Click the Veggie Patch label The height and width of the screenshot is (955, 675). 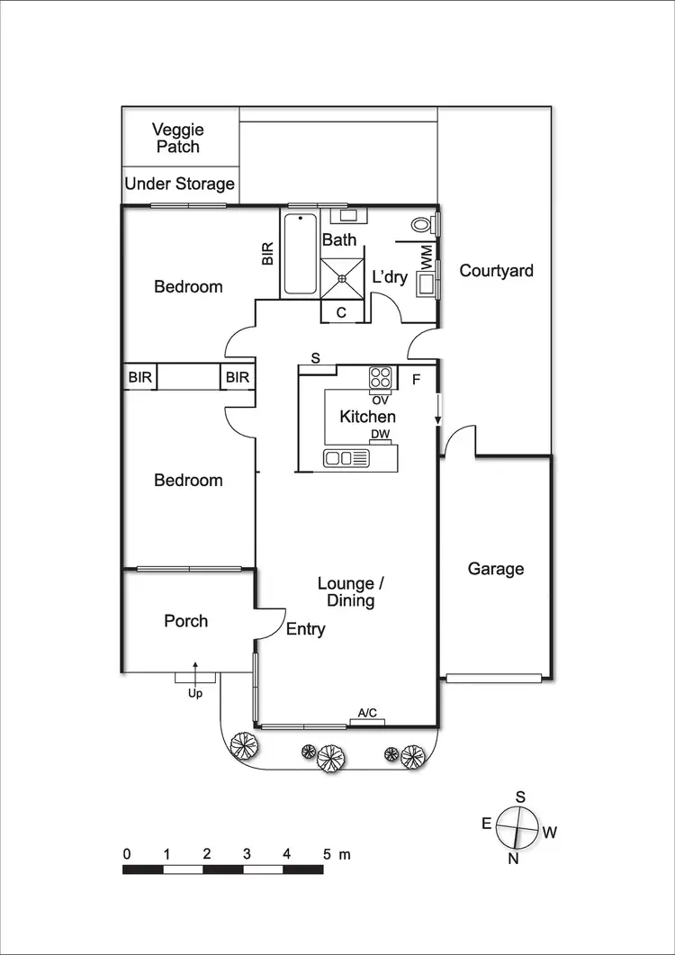point(177,138)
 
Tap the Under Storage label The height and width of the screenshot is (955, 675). point(179,185)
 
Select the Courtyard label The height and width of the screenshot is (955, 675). point(496,270)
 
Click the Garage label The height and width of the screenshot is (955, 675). point(495,569)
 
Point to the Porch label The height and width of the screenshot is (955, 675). point(185,621)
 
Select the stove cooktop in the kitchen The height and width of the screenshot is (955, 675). point(379,378)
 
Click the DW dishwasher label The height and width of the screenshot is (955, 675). point(381,435)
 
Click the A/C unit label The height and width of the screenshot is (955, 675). point(367,714)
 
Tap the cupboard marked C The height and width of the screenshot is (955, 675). point(342,312)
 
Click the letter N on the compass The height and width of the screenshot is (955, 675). point(514,858)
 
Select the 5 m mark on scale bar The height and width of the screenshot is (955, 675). point(328,853)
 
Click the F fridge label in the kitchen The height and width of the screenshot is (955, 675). point(416,379)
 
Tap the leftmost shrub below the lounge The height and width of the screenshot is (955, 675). point(243,746)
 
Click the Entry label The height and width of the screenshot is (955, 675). point(305,630)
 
